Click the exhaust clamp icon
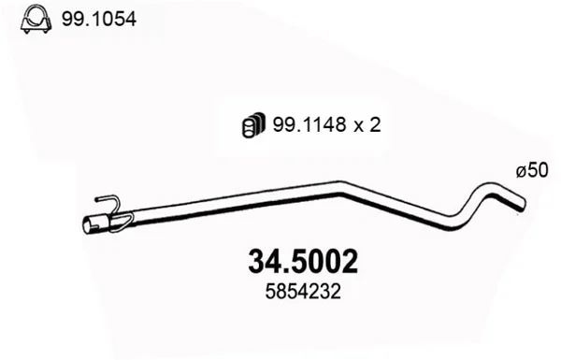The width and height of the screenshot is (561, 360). click(x=36, y=20)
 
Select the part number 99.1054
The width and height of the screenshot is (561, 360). click(x=99, y=19)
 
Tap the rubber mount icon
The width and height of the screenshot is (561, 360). click(x=253, y=125)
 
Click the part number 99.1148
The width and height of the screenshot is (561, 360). click(x=309, y=125)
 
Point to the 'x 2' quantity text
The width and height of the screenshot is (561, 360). click(x=367, y=125)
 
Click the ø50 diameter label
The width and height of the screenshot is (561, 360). click(x=532, y=170)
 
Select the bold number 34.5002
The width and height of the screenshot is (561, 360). click(x=303, y=262)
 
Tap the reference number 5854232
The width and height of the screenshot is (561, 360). click(x=303, y=292)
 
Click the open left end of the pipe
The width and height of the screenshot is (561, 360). click(x=87, y=226)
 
